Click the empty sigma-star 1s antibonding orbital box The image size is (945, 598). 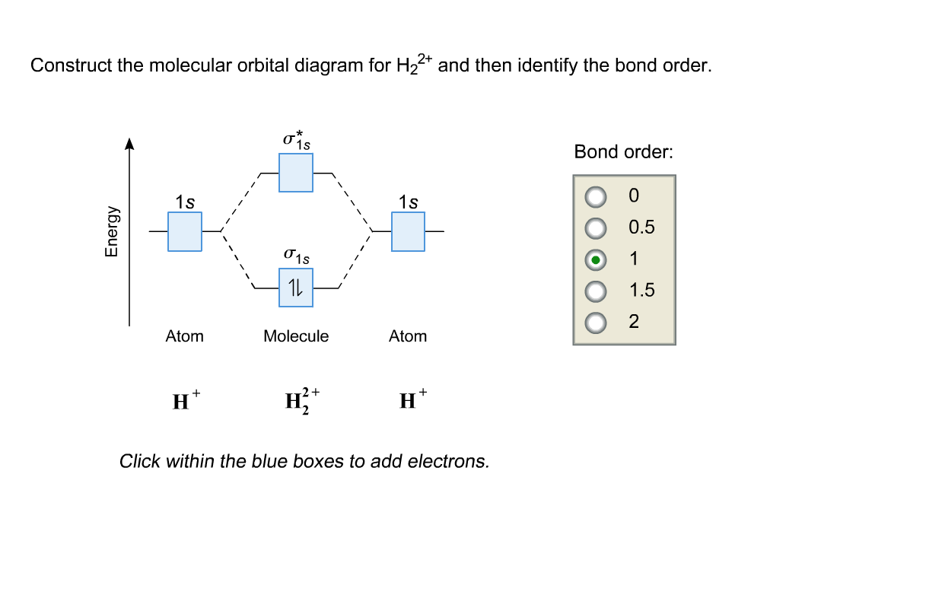296,173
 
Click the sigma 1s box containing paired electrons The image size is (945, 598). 296,288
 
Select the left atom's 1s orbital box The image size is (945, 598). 185,231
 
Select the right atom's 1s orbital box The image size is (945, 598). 409,231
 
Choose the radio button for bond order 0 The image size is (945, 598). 597,196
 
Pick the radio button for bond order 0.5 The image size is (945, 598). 597,228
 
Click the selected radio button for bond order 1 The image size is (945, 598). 597,259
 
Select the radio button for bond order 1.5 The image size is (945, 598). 597,291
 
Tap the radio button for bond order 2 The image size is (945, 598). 597,323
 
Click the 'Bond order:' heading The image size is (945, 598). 623,152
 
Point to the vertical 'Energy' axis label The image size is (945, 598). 112,231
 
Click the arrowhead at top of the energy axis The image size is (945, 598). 129,143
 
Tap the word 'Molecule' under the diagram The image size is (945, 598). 296,336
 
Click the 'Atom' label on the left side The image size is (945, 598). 185,336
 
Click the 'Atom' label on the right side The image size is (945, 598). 408,336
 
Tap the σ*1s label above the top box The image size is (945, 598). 296,140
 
